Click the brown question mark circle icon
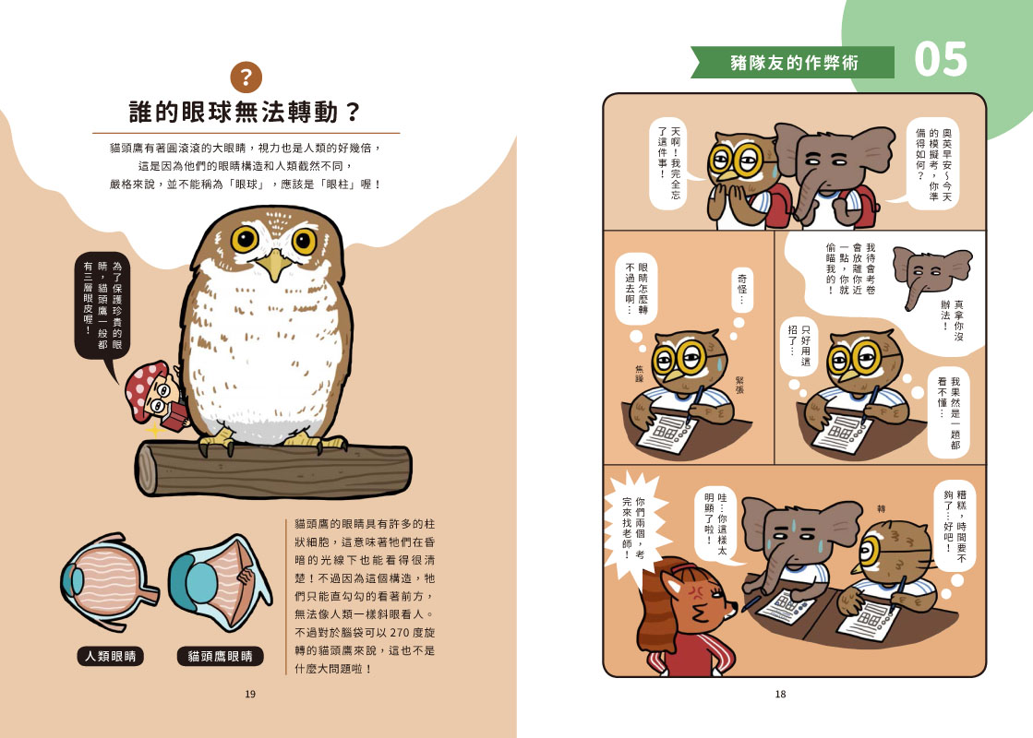coord(246,77)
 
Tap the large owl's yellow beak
coord(273,264)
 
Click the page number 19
coord(250,694)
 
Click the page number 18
coord(781,694)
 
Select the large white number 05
coord(940,60)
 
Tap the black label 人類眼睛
coord(111,657)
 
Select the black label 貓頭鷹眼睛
coord(220,657)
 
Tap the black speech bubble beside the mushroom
coord(102,306)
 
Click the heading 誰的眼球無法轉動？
coord(245,112)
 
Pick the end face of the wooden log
coord(146,469)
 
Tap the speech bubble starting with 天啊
coord(668,162)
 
